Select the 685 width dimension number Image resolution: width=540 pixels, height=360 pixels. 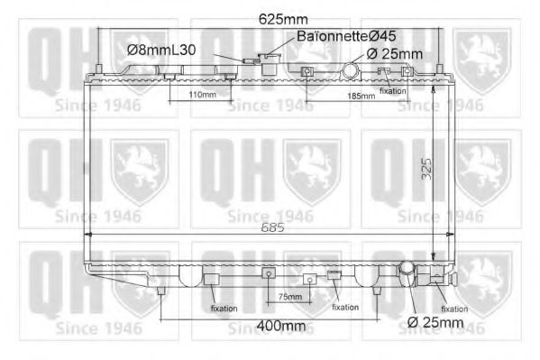[271, 228]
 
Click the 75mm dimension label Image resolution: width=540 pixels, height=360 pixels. [288, 296]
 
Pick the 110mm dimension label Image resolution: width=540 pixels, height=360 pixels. [202, 94]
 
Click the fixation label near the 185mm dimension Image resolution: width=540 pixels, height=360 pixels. [392, 90]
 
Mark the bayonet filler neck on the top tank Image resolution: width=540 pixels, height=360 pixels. [267, 62]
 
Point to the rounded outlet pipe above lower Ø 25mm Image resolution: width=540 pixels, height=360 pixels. [407, 272]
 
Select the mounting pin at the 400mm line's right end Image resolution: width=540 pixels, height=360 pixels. [378, 291]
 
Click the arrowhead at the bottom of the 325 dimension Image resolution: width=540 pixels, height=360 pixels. [433, 256]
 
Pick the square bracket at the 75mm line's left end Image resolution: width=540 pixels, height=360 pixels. [267, 272]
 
